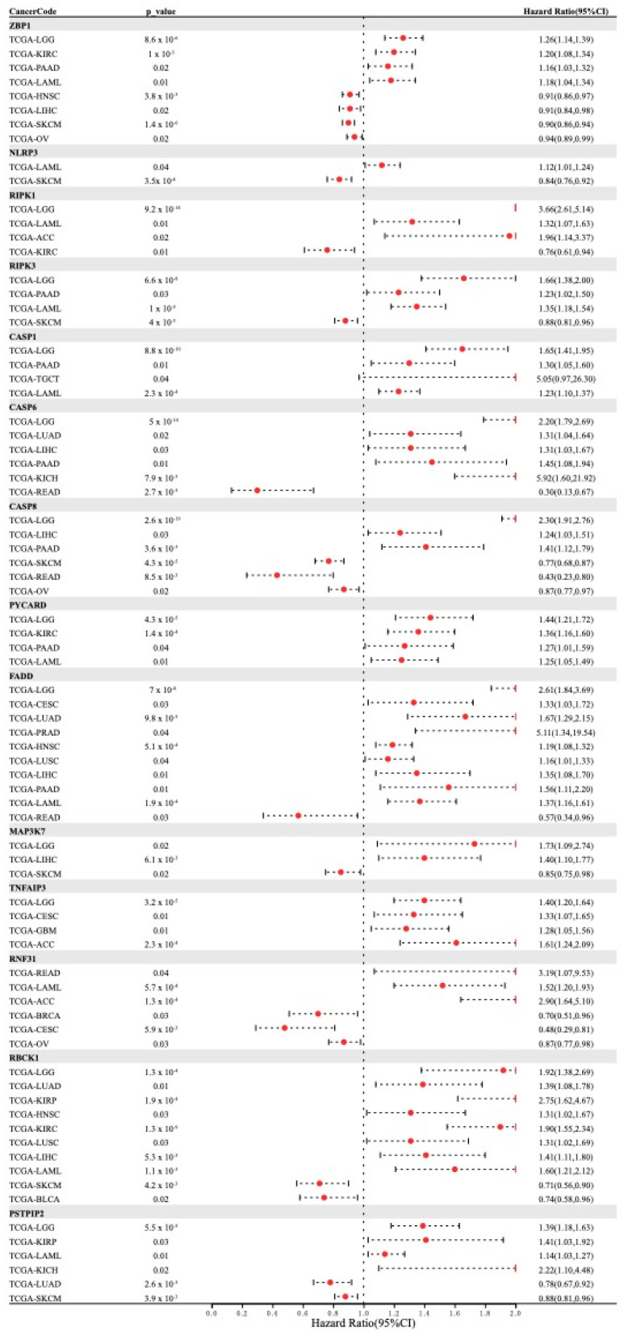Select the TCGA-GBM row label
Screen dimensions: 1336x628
pyautogui.click(x=33, y=931)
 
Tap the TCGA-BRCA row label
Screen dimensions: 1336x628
pyautogui.click(x=35, y=1015)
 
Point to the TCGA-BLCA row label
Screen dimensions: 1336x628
pyautogui.click(x=35, y=1199)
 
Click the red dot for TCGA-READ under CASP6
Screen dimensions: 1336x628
pyautogui.click(x=257, y=490)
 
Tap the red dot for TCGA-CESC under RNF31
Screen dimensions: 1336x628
pyautogui.click(x=284, y=1029)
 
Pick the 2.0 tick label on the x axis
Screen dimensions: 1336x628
pyautogui.click(x=515, y=1313)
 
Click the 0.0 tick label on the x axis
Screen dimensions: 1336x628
pyautogui.click(x=211, y=1313)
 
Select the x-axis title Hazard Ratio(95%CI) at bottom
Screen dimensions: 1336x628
pyautogui.click(x=362, y=1325)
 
